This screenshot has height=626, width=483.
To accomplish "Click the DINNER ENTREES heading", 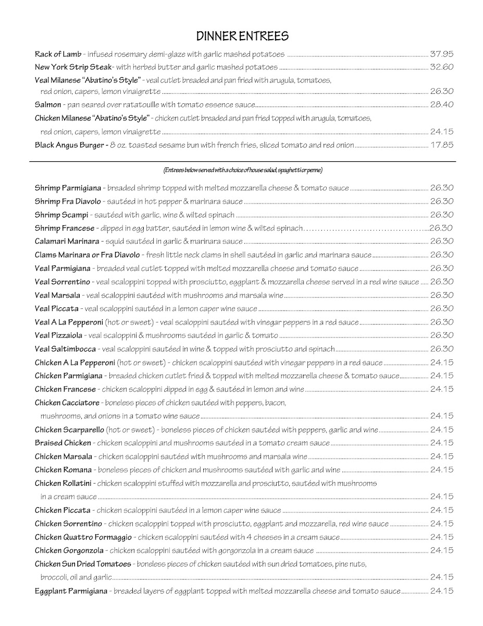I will pos(242,36).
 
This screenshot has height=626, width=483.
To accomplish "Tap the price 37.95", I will pos(442,54).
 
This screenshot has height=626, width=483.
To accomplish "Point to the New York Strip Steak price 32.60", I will pos(442,67).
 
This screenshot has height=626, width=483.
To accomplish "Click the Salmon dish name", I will pos(48,104).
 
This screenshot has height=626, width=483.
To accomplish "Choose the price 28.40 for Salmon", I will pos(442,104).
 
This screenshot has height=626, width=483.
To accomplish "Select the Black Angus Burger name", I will pos(69,145).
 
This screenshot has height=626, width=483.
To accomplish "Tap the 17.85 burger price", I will pos(442,145).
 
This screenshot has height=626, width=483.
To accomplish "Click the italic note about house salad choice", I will pos(242,171).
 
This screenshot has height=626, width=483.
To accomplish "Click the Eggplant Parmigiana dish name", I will pos(71,591).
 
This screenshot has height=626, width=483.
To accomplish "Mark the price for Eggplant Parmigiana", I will pos(442,591).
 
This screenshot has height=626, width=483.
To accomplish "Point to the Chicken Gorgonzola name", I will pos(69,550).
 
